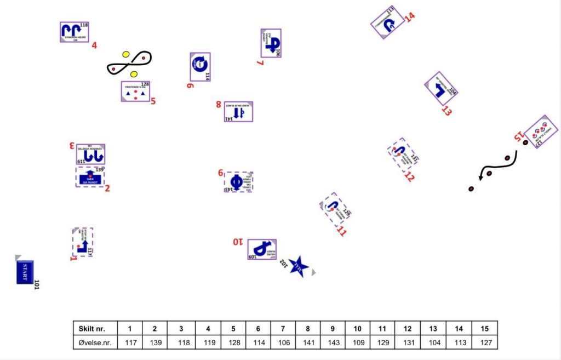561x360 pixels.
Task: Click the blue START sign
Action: click(25, 272)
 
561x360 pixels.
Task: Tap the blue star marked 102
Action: click(298, 266)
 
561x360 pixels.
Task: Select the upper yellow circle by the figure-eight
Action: click(126, 54)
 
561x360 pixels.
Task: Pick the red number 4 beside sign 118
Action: click(94, 45)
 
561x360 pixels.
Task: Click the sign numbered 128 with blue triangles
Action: click(135, 92)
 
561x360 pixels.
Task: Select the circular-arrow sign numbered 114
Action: click(200, 67)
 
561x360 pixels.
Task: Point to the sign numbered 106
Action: click(271, 43)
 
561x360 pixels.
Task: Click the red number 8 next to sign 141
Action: click(219, 104)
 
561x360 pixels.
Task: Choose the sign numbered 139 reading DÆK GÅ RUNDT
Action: click(90, 176)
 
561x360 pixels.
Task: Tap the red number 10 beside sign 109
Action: click(238, 242)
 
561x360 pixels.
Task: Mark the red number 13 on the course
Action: click(446, 111)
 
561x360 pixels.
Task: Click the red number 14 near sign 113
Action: click(410, 16)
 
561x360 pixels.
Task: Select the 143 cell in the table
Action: click(333, 342)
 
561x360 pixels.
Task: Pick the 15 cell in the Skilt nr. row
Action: click(484, 328)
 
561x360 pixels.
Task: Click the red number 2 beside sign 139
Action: click(107, 188)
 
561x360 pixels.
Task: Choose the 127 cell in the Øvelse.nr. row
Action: click(484, 342)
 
